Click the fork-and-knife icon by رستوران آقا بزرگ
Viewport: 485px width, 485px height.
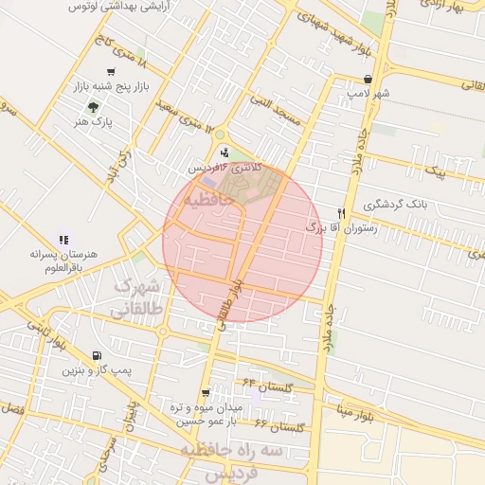point(341,214)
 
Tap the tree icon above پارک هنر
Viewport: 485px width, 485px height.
point(92,107)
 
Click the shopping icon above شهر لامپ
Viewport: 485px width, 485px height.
point(381,80)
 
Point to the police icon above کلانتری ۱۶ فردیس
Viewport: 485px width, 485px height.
point(225,152)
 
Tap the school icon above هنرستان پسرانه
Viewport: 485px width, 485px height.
point(63,241)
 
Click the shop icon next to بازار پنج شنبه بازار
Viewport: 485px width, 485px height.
point(112,72)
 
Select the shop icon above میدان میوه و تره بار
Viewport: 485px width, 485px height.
point(206,393)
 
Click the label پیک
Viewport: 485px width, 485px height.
point(434,171)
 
